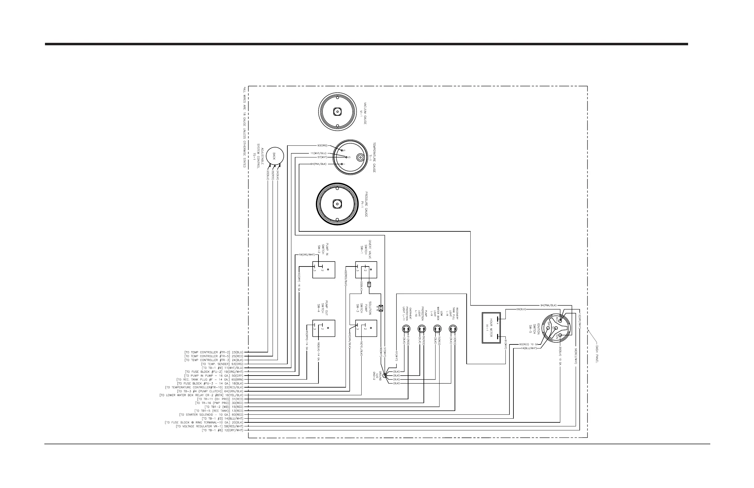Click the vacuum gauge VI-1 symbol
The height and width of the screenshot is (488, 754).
[338, 112]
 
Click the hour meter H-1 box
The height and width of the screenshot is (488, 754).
[491, 328]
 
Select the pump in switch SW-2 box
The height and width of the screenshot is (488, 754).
[323, 270]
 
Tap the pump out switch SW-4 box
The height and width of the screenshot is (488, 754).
[323, 328]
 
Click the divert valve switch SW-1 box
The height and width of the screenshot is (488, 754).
[366, 270]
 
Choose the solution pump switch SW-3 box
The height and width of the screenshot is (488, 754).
[366, 328]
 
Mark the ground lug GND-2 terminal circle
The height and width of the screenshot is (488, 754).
[385, 376]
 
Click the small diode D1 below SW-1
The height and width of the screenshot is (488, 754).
[369, 285]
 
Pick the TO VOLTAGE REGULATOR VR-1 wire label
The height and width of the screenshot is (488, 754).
[210, 426]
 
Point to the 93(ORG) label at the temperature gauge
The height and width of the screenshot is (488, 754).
[322, 145]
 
